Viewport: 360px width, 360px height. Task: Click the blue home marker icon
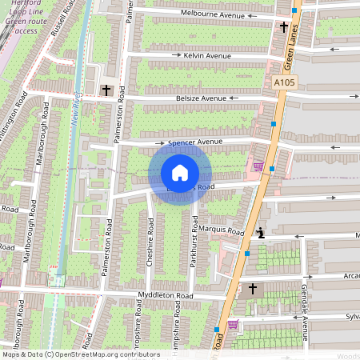180,173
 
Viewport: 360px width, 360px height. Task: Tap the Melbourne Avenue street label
212,14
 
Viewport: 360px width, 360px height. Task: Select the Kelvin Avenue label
206,56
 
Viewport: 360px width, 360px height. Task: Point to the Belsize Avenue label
202,98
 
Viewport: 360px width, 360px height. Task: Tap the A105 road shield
284,82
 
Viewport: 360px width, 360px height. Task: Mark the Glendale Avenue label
305,312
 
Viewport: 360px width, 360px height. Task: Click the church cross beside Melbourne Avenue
284,26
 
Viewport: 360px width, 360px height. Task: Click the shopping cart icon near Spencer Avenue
258,166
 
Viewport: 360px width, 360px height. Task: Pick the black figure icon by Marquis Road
261,234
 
